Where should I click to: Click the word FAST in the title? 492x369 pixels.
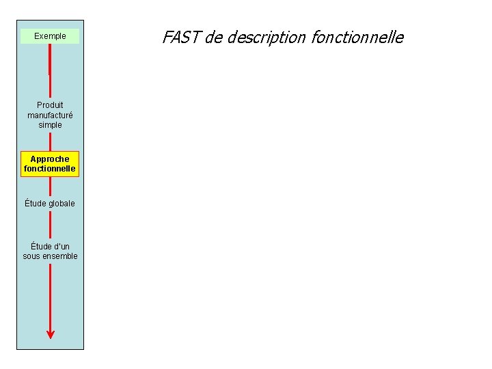[x=181, y=38]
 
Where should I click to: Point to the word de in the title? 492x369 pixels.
[x=213, y=38]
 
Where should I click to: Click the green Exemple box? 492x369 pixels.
[x=50, y=36]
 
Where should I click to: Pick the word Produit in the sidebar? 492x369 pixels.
[x=50, y=105]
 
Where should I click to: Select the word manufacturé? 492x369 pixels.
[x=50, y=115]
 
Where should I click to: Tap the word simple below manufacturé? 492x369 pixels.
[x=50, y=125]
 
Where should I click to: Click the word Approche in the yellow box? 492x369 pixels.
[x=50, y=159]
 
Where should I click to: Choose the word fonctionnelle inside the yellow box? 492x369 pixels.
[x=50, y=169]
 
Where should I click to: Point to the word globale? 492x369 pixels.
[x=61, y=204]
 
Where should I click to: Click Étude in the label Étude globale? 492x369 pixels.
[x=36, y=204]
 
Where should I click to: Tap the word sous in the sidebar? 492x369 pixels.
[x=31, y=256]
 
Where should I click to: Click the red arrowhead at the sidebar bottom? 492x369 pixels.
[x=50, y=334]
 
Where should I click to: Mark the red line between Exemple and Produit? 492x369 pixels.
[x=50, y=72]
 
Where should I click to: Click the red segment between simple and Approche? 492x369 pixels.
[x=50, y=141]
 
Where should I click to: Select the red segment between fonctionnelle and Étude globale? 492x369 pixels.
[x=50, y=187]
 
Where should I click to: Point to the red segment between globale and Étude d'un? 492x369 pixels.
[x=50, y=224]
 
